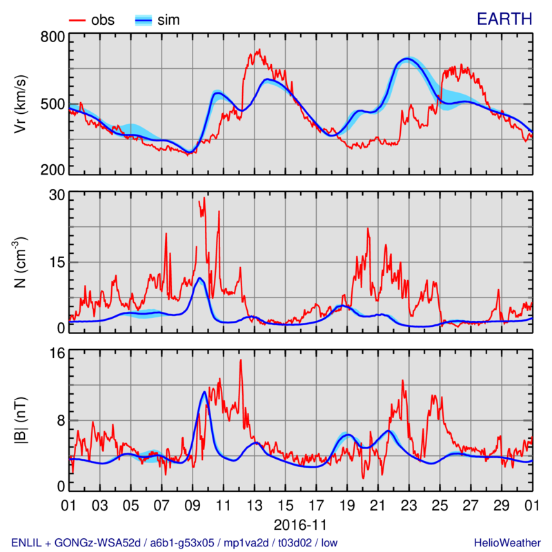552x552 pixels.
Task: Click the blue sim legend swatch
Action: click(143, 20)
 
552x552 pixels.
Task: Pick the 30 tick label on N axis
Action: click(56, 196)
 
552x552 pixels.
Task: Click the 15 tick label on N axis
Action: click(56, 262)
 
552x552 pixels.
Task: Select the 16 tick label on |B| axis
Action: click(56, 353)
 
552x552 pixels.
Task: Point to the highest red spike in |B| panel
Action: click(241, 360)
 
